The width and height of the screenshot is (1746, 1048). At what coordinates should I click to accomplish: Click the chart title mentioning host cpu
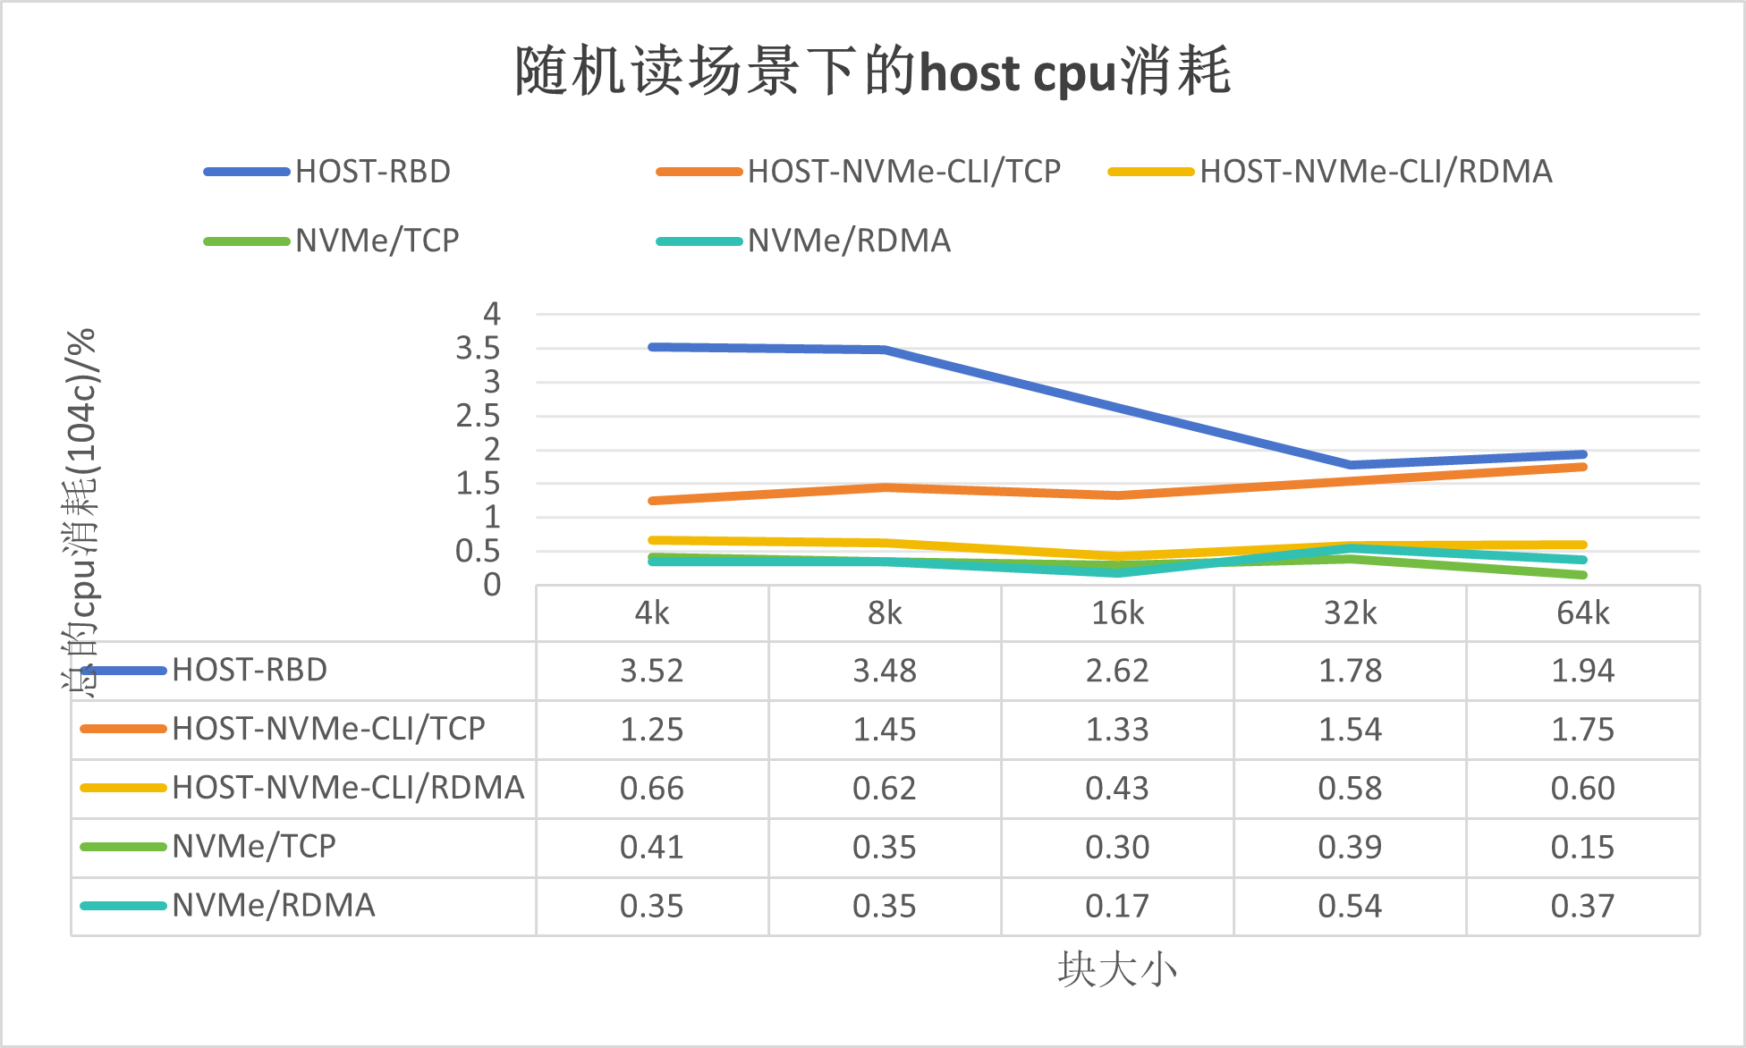coord(873,72)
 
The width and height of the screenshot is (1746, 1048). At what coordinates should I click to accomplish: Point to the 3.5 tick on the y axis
coord(478,349)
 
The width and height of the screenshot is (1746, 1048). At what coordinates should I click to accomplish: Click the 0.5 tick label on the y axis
coord(478,552)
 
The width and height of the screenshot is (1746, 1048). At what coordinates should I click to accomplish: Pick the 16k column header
coord(1117,613)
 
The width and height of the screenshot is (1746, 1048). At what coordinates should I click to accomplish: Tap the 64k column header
coord(1582,613)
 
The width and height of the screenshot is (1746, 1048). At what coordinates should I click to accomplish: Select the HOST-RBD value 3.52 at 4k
coord(651,671)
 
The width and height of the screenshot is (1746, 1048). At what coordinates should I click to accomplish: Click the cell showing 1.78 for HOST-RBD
coord(1350,671)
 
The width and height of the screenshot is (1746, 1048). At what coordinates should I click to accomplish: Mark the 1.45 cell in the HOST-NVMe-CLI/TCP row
coord(884,730)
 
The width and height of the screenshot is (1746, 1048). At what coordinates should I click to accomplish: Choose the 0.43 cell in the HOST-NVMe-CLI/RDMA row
coord(1117,789)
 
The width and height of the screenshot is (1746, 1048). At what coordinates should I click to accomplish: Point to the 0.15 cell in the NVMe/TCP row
coord(1582,847)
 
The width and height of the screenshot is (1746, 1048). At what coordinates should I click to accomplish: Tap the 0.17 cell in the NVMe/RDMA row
coord(1117,906)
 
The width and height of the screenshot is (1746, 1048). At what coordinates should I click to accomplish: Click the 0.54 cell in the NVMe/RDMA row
coord(1350,906)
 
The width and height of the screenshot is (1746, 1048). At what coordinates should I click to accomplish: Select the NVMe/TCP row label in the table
coord(254,846)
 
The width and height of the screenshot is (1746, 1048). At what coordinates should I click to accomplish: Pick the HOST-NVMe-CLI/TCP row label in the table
coord(328,729)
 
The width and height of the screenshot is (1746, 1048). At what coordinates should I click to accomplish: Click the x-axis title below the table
coord(1117,969)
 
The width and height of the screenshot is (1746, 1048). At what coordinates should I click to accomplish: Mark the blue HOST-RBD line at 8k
coord(885,350)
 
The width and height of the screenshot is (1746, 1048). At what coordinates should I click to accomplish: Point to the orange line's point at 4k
coord(652,501)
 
